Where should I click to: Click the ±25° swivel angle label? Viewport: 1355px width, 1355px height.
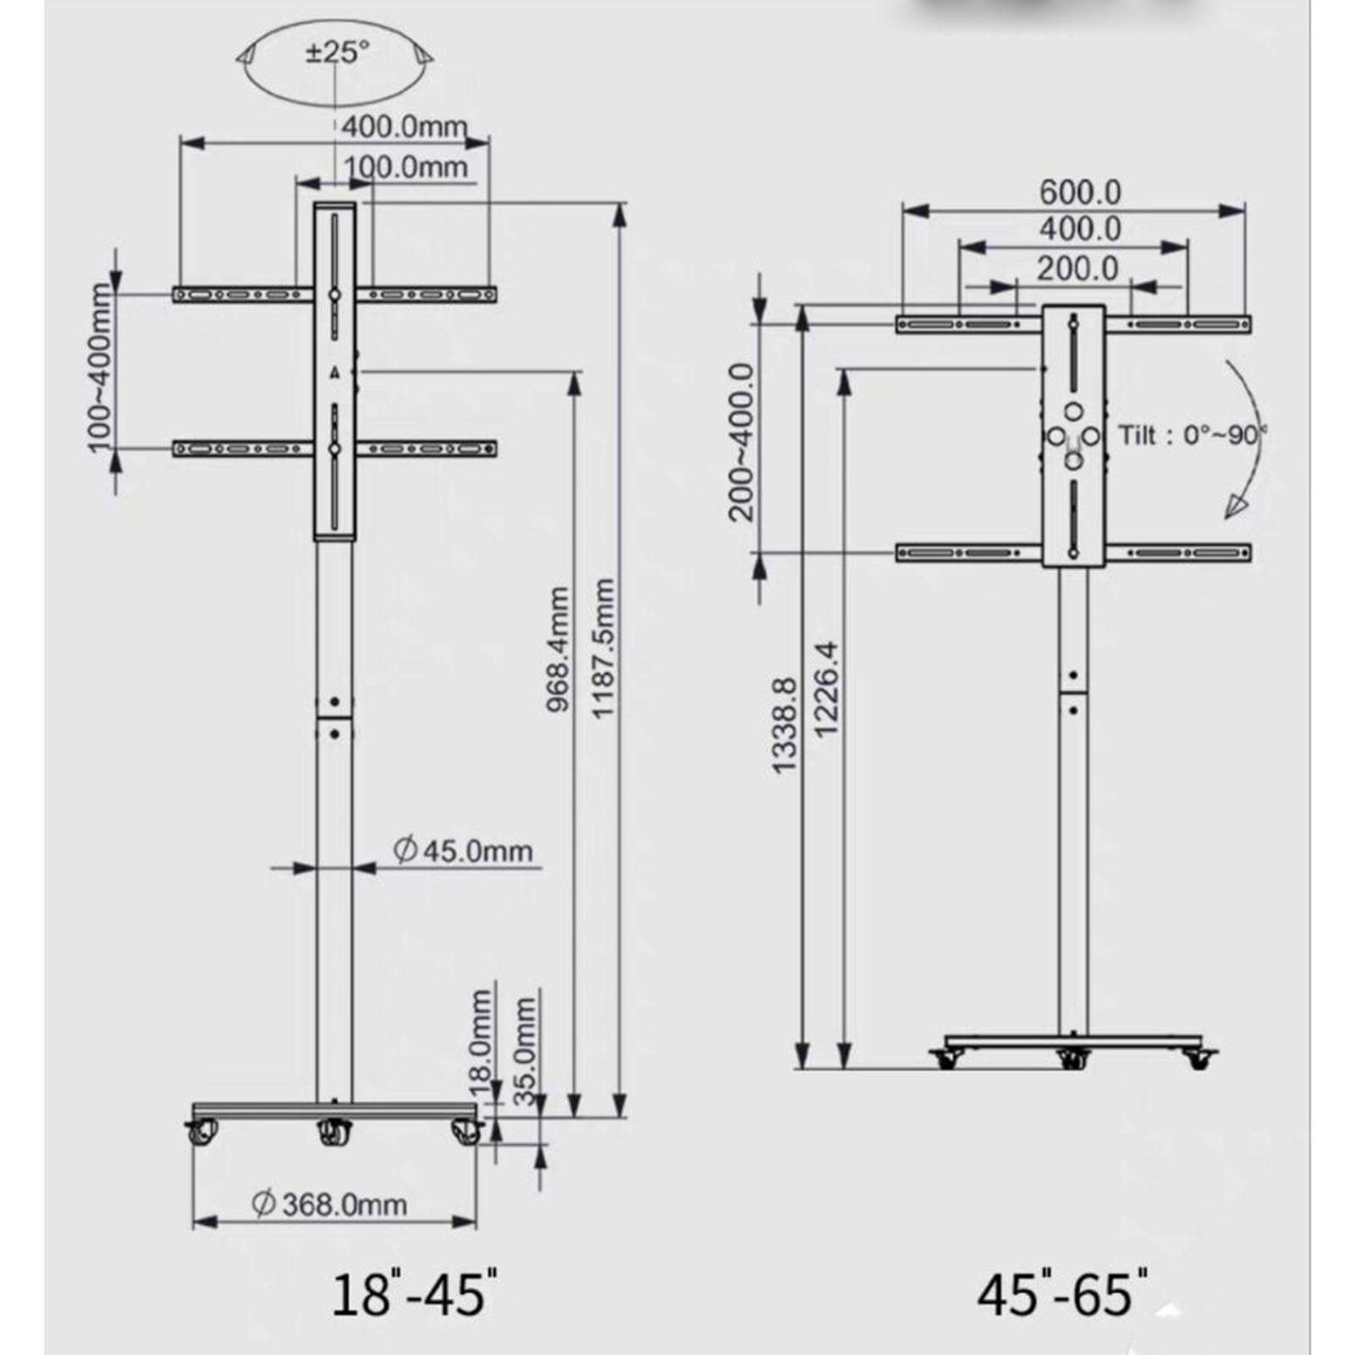coord(337,52)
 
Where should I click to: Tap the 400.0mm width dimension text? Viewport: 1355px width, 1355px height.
coord(404,127)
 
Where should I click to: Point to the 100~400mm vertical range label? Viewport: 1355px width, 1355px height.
coord(100,368)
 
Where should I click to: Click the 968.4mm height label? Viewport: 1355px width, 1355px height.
coord(559,649)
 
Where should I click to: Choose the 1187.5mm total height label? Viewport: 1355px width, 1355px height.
coord(602,649)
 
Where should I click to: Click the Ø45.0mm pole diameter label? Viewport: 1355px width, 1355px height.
coord(464,850)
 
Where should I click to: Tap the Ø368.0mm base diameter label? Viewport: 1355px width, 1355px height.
coord(330,1204)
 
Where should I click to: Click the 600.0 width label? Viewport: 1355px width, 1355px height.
coord(1080,193)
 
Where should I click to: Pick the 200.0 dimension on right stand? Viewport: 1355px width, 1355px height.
coord(1077,268)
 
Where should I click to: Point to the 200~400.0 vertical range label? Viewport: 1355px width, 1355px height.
coord(741,442)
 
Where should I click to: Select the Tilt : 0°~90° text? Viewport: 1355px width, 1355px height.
coord(1192,436)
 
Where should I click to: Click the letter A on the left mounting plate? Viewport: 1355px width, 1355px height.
coord(334,372)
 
